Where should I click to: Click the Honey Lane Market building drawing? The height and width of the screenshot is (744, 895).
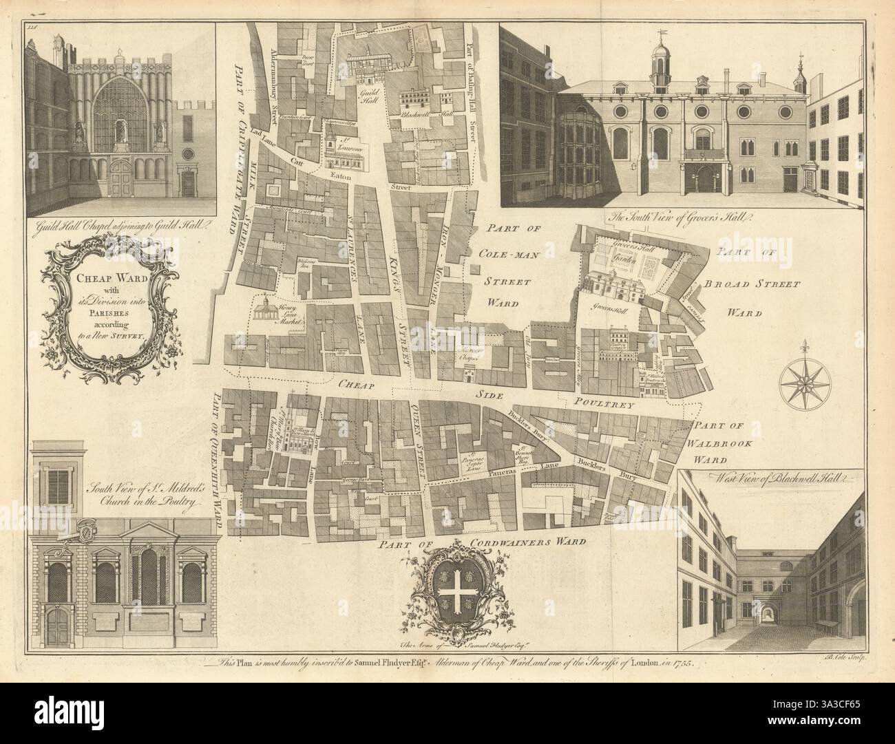[262, 310]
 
